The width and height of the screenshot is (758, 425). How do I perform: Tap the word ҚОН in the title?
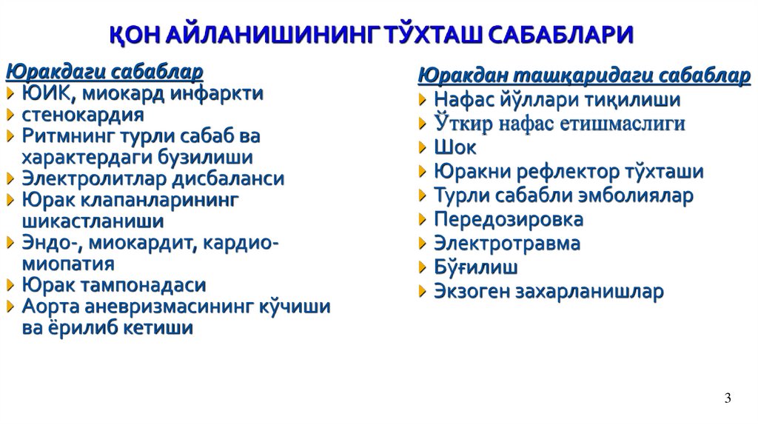point(138,35)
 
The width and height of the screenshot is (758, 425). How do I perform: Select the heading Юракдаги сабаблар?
point(104,72)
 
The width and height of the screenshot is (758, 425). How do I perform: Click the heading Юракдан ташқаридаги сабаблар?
point(584,76)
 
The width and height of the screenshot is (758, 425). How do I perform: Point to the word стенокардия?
point(83,115)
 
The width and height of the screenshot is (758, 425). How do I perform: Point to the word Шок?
point(455,147)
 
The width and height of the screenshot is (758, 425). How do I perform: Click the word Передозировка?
point(508,219)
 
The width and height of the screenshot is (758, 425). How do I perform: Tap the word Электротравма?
point(506,243)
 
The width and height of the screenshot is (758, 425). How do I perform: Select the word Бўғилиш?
point(475,267)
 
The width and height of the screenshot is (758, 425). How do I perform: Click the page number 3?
point(728,398)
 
